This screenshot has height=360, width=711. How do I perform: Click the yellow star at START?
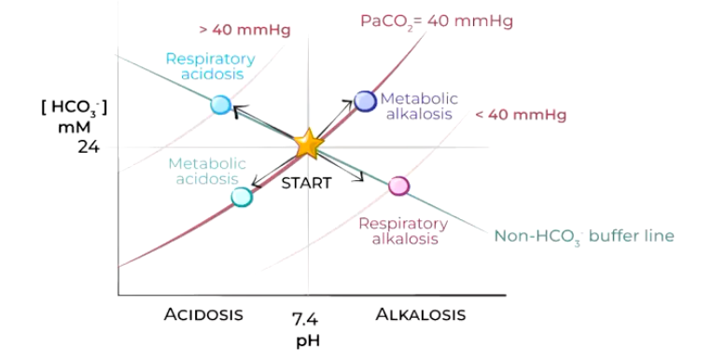coord(307,145)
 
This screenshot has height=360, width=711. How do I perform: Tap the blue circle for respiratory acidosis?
coord(220,104)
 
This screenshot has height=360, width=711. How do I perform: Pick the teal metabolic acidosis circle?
coord(242,196)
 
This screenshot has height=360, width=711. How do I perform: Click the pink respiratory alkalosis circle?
coord(398,186)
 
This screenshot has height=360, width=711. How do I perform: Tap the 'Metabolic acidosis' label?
coord(206,171)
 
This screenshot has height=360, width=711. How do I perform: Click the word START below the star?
coord(306,183)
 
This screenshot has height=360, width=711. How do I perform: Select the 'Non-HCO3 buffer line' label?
coord(583,236)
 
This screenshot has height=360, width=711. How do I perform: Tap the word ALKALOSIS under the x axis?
coord(420,314)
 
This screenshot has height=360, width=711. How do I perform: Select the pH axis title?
coord(308,340)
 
